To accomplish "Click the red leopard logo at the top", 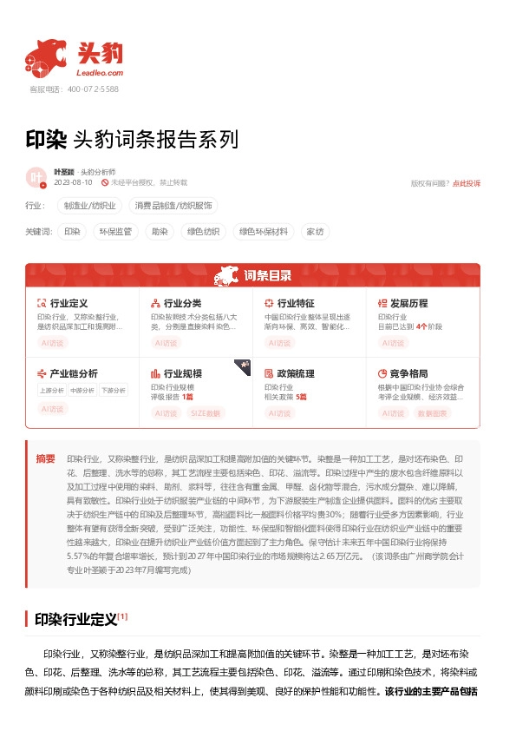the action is click(x=46, y=56).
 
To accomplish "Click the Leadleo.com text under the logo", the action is click(x=102, y=74).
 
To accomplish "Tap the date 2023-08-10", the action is click(x=73, y=183).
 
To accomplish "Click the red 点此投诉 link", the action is click(x=467, y=183).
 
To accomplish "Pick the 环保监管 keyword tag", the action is click(x=114, y=232).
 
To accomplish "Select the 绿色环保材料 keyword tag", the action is click(x=263, y=232).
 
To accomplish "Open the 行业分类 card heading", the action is click(x=182, y=304).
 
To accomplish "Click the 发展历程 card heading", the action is click(x=408, y=304).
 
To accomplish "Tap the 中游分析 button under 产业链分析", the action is click(x=82, y=391).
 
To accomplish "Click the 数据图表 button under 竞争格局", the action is click(x=433, y=413).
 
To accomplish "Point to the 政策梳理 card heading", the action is click(x=296, y=373).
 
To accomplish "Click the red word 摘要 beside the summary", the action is click(x=45, y=458).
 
